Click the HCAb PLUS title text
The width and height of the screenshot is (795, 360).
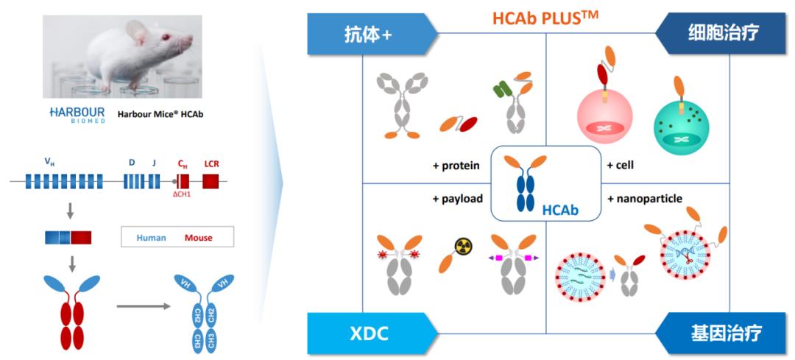544,15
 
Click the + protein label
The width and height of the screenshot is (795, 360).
456,166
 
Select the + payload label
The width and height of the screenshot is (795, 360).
457,199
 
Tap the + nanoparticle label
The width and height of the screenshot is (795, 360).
645,199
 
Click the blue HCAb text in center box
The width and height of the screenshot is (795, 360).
560,211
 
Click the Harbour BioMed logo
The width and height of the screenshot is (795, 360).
78,115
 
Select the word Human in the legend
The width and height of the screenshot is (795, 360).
151,238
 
